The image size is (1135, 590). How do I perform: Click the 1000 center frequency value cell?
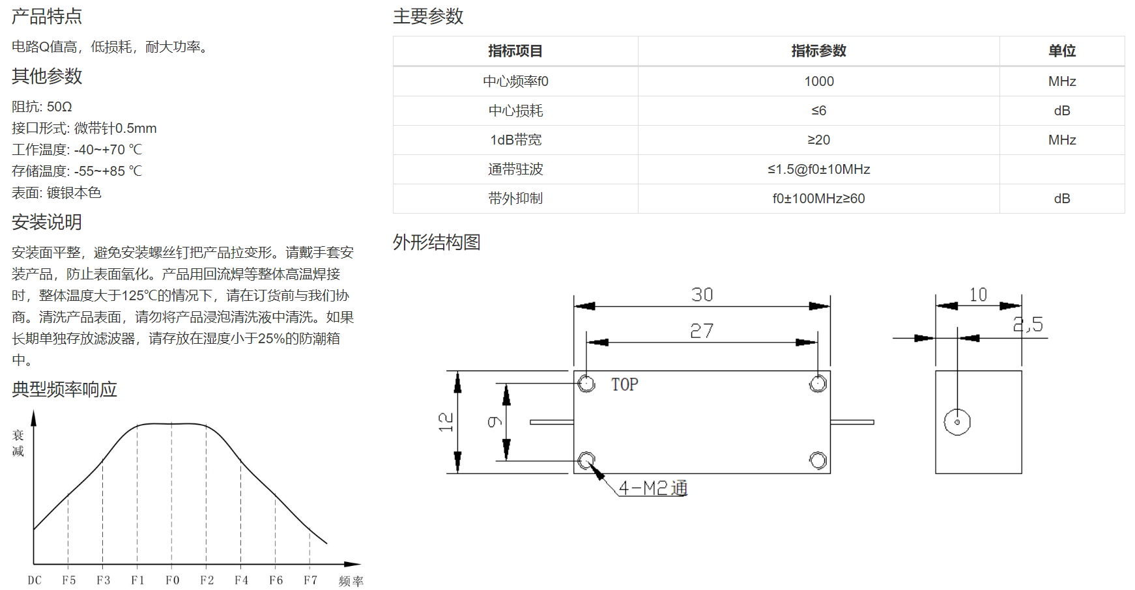point(818,81)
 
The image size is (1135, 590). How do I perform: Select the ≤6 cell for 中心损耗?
point(818,111)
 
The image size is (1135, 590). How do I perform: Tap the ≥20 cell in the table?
point(818,140)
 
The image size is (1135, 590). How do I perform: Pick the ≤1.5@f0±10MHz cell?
point(818,169)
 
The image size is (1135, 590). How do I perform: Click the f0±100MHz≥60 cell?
point(818,199)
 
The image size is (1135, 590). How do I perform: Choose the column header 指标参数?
point(818,51)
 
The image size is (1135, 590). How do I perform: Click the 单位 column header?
point(1062,51)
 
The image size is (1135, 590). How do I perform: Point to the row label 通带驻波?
point(515,169)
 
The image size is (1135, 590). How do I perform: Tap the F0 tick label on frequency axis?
point(172,580)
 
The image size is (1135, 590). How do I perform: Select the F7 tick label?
point(310,580)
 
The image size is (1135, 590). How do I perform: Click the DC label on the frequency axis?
point(35,580)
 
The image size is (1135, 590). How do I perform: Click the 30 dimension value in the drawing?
point(702,295)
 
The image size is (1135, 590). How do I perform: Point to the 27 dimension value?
point(702,331)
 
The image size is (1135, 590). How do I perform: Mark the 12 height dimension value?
point(446,422)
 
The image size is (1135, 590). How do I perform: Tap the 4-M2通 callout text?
point(653,488)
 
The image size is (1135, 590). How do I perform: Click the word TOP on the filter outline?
point(625,385)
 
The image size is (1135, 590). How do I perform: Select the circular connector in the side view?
point(957,422)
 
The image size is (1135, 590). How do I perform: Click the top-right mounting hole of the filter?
point(818,384)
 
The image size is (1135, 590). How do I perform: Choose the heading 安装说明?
point(47,222)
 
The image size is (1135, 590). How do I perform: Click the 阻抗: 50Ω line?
point(42,107)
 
